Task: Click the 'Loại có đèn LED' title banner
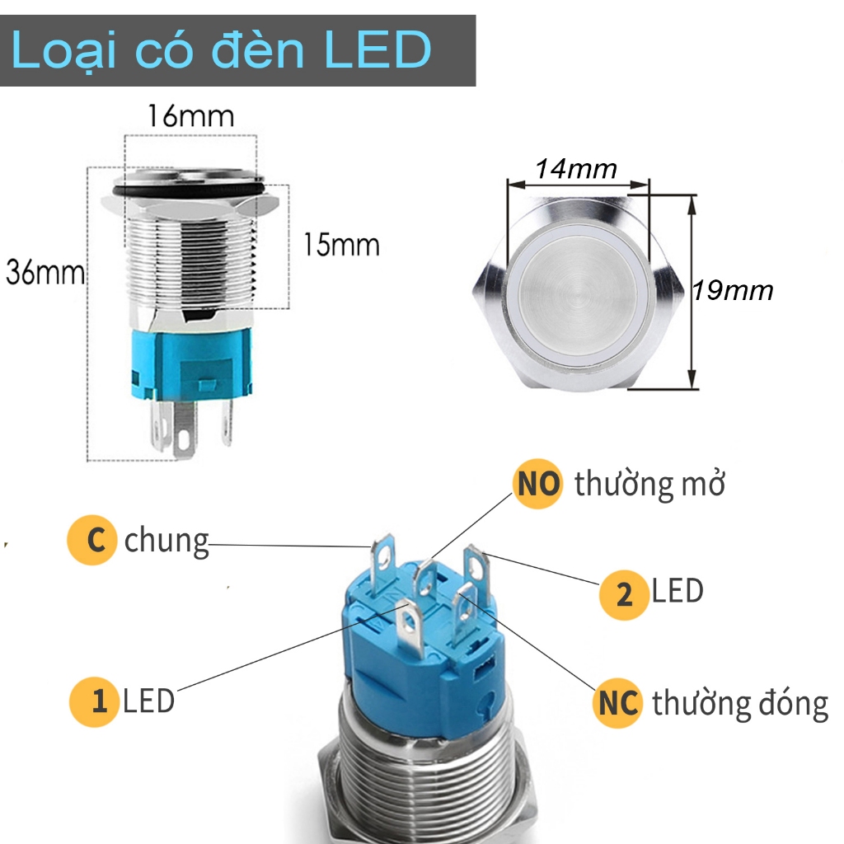[237, 50]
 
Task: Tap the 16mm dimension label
[190, 115]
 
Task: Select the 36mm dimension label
[45, 272]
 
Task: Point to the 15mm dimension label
[341, 245]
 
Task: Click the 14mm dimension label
[576, 169]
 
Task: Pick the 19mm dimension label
[734, 290]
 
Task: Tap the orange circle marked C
[92, 540]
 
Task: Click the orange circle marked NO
[537, 484]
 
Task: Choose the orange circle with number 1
[94, 701]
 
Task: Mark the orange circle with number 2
[624, 593]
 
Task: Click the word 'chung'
[166, 542]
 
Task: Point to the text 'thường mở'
[649, 485]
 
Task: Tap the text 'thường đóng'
[739, 705]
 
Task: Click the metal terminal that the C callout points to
[384, 560]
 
